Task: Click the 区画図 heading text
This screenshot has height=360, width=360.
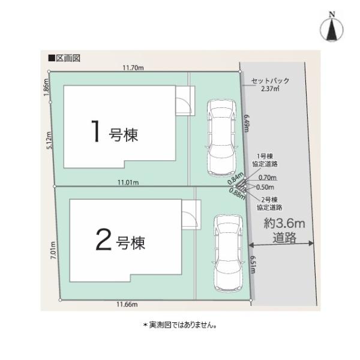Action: (x=64, y=58)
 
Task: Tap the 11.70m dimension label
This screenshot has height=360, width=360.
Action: (x=133, y=68)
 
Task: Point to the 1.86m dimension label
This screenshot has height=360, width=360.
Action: (x=46, y=88)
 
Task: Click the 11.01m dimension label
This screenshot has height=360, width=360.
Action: (x=128, y=182)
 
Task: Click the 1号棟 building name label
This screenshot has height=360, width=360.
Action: (x=115, y=134)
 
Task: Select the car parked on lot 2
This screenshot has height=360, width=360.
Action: (x=225, y=253)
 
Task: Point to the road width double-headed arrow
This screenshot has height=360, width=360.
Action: (x=281, y=244)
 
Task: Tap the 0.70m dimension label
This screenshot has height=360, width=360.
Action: (x=268, y=177)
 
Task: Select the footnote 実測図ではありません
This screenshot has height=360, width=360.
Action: (x=179, y=325)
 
